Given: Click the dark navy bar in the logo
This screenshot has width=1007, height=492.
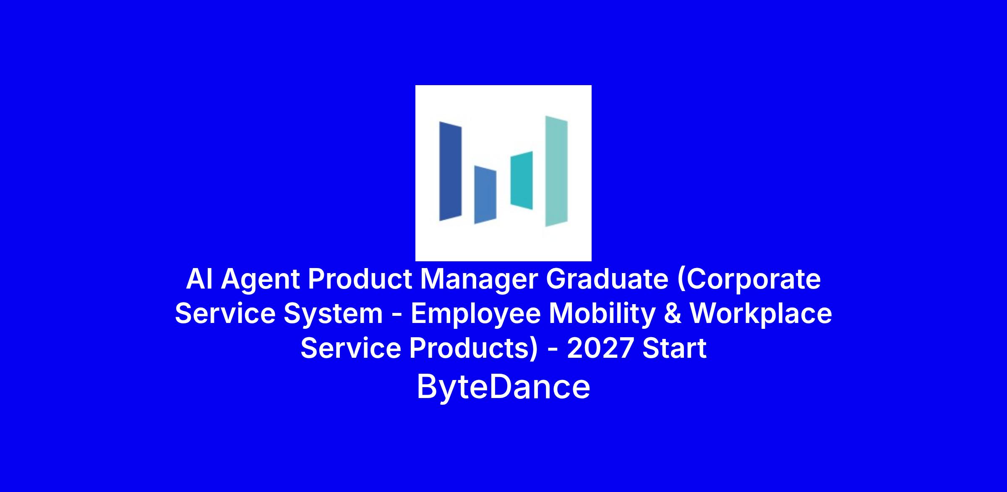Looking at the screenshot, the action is tap(450, 171).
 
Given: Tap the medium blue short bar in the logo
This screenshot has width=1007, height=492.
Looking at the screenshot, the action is tap(485, 195).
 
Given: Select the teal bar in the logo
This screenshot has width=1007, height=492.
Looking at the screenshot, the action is tap(522, 180).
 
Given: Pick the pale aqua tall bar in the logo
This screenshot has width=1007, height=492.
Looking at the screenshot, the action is tap(556, 171).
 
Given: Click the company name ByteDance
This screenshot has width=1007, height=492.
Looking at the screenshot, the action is tap(503, 387).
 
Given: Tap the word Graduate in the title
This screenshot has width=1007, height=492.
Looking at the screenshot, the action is tap(607, 279).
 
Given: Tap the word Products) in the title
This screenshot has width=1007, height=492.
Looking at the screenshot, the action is tap(473, 349).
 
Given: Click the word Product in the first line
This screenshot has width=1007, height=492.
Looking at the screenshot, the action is tap(360, 279).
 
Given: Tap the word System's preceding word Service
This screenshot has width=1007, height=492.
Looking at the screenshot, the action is tap(225, 314).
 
